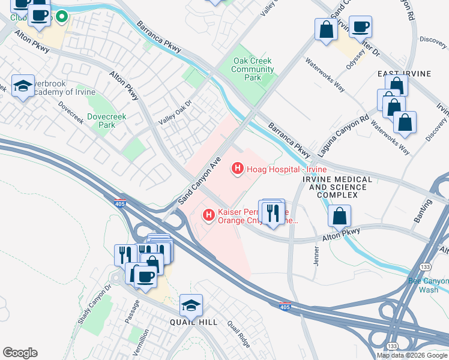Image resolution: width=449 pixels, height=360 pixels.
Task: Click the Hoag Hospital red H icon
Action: point(237,170)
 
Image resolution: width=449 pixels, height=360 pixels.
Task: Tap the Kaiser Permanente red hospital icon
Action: point(208,214)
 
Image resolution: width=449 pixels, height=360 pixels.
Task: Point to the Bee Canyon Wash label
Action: point(428,285)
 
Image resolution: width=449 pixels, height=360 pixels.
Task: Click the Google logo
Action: point(20,353)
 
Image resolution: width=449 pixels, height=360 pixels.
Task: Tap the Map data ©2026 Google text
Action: point(412,355)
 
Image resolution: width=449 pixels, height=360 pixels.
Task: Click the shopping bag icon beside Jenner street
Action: point(340,216)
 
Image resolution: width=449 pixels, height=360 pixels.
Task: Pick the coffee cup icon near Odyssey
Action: point(360,26)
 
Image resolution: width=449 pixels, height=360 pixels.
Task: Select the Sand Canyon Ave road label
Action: point(200,181)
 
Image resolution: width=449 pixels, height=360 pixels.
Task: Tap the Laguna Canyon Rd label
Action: point(343,137)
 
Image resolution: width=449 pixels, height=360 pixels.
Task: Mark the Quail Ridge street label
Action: point(238,334)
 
